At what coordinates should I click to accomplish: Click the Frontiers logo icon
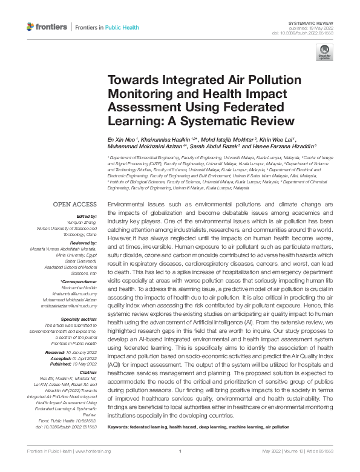coord(31,27)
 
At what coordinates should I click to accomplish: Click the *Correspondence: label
coord(79,283)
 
